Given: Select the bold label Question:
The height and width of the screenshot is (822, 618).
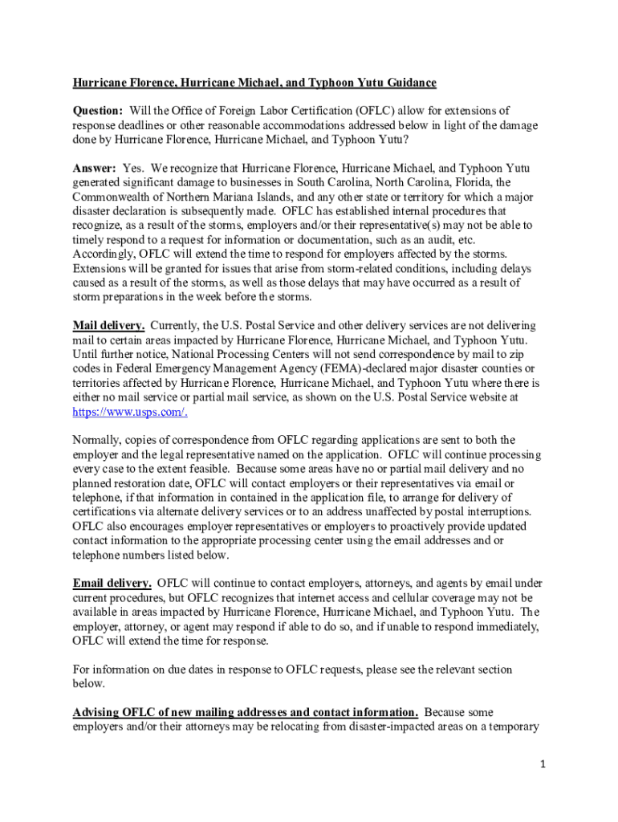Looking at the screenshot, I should pos(98,110).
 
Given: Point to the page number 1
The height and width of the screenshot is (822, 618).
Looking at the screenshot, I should pos(543,764).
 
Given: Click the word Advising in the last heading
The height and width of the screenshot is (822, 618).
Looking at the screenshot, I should pos(97,712).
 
